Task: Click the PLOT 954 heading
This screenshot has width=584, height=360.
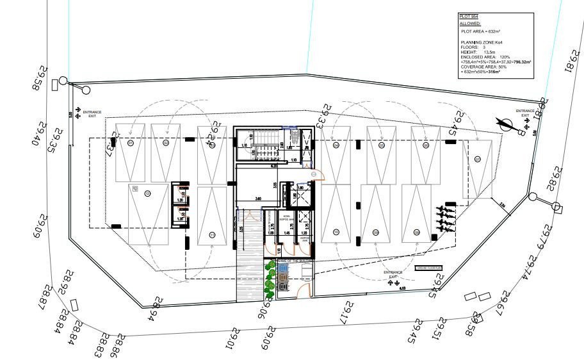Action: pos(468,17)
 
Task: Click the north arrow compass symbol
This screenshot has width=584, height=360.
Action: pos(511,124)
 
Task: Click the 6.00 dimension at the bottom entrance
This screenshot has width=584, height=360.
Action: pos(402,289)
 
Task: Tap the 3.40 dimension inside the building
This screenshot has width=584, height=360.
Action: pos(257,199)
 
